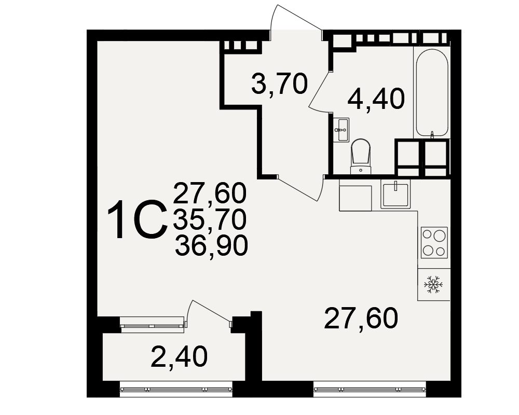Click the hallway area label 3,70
coord(280,84)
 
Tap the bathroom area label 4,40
coord(376,99)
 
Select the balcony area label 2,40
coord(179,357)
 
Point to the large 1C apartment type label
coord(137,219)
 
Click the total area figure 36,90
coord(211,245)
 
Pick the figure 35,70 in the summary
coord(210,220)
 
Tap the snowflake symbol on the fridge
coord(433,284)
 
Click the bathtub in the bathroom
coord(432,93)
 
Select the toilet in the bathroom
coord(361,156)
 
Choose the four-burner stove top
coord(434,243)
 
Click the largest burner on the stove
coord(440,236)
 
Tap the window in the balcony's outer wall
coord(176,389)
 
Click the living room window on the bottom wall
coord(370,389)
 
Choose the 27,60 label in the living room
coord(361,319)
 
